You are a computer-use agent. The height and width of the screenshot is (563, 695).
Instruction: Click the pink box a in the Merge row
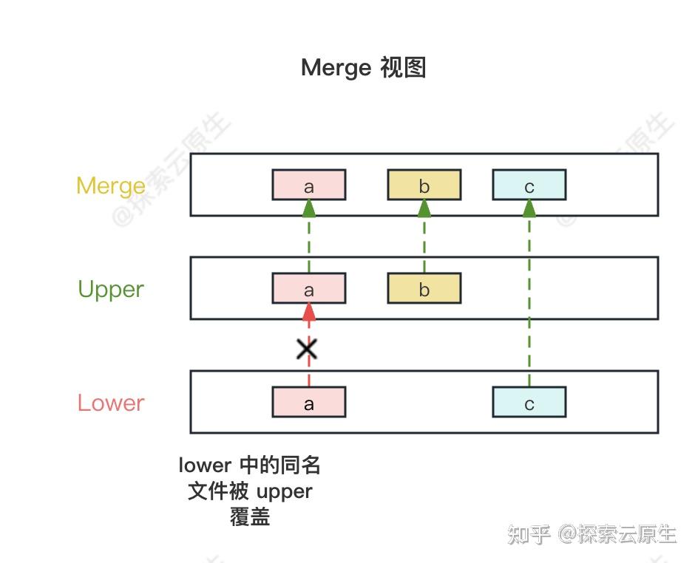[309, 185]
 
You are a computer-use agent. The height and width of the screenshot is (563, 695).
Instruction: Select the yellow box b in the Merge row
[424, 185]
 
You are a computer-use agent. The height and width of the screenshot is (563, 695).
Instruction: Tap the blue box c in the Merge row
[529, 185]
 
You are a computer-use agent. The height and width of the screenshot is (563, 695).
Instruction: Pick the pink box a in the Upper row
[309, 289]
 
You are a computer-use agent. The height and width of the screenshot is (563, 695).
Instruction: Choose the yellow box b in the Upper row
[424, 289]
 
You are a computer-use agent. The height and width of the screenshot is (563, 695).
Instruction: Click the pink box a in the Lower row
[309, 403]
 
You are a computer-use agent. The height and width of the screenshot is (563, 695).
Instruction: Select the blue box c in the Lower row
[529, 403]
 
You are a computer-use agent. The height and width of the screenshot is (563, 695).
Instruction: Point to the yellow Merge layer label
[111, 185]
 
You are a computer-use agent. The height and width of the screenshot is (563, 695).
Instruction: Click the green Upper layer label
[111, 289]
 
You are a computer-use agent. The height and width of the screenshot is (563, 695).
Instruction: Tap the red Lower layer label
[111, 403]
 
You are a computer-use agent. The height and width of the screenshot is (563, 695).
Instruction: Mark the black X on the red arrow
[307, 349]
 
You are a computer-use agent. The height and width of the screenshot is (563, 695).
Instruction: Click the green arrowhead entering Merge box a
[309, 208]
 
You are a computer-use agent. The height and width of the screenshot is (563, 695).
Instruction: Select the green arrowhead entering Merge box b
[424, 208]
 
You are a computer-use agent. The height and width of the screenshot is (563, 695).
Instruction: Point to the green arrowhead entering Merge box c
[529, 208]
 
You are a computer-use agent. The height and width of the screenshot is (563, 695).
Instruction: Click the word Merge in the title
[336, 68]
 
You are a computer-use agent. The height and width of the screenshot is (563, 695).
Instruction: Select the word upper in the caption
[285, 491]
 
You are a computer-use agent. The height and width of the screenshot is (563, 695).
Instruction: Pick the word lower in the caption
[205, 465]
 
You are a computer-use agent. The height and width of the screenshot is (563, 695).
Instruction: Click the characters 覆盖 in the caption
[250, 516]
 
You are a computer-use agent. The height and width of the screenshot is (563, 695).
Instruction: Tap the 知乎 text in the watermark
[529, 533]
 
